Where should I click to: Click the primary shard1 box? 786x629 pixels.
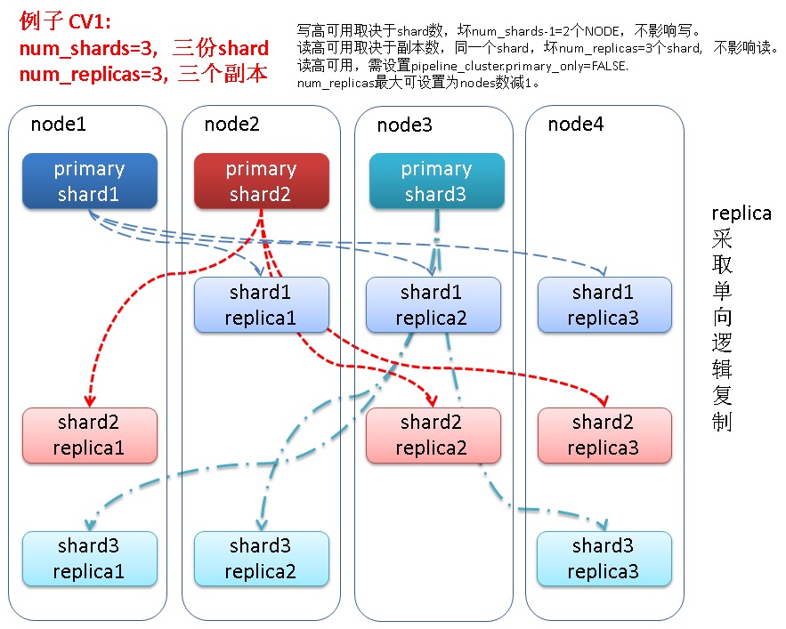coord(90,181)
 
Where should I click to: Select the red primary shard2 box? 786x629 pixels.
coord(262,181)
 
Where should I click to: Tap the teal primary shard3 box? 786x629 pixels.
coord(436,181)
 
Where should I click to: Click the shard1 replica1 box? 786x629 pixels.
coord(262,305)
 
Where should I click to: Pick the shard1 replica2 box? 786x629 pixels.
coord(434,305)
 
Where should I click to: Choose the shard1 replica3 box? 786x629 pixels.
coord(604,305)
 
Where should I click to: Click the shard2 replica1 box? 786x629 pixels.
coord(90,435)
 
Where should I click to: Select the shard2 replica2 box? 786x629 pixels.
coord(434,435)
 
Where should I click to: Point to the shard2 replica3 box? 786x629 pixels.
coord(604,435)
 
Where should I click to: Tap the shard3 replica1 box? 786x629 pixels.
coord(90,559)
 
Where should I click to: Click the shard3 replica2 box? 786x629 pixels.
coord(262,559)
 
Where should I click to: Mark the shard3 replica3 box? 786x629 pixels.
coord(604,559)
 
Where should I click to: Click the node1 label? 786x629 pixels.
coord(58,124)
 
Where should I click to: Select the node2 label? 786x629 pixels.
coord(231,124)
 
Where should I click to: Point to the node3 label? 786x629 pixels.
coord(404,125)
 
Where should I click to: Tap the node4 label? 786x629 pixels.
coord(575,124)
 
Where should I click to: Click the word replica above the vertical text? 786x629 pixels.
coord(741,214)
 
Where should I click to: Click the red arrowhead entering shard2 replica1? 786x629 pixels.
coord(90,400)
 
